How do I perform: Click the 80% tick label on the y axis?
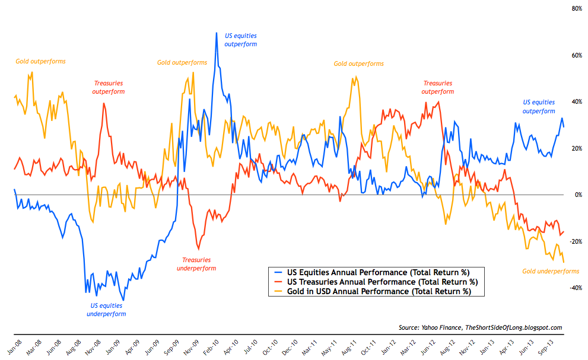576,9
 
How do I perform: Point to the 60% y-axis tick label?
576,55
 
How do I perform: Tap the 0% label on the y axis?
577,195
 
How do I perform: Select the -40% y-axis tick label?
574,288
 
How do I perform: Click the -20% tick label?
574,241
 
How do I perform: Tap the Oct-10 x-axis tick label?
271,346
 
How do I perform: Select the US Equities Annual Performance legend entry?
374,272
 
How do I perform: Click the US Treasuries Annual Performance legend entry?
374,282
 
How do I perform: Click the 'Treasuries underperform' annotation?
196,264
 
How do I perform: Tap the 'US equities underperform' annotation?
106,310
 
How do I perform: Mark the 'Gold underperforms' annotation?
551,271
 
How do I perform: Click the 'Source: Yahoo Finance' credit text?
481,327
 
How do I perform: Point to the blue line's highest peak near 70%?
217,33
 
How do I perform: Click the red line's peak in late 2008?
104,104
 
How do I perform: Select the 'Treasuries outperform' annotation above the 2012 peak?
438,87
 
